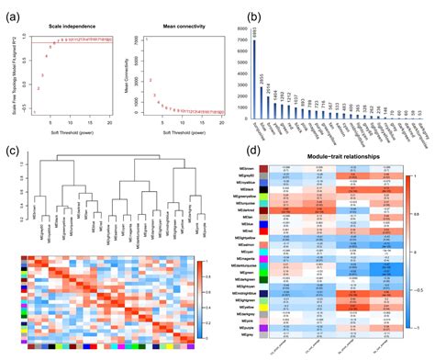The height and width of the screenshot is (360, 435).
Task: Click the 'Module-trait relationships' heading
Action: [333, 158]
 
